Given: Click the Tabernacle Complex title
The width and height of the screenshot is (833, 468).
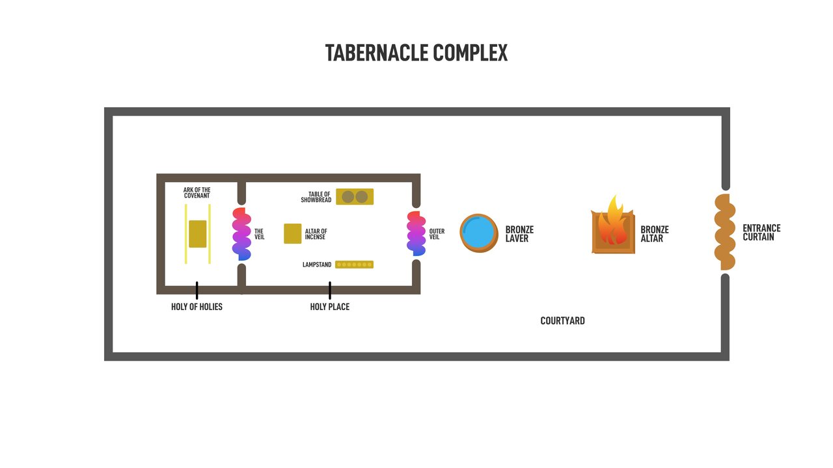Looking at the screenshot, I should (416, 53).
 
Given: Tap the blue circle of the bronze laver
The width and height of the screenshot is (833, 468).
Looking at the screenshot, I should (479, 233).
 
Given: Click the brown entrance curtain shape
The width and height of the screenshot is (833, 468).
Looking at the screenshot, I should (725, 232).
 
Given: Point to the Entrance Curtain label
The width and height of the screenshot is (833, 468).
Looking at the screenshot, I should (761, 233).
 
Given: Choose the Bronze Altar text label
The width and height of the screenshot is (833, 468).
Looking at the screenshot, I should (654, 234).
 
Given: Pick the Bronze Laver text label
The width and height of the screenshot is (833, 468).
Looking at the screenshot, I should (519, 234).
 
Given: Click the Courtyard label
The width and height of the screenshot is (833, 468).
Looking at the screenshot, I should (562, 320).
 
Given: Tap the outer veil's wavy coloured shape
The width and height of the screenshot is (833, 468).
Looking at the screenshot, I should (416, 233).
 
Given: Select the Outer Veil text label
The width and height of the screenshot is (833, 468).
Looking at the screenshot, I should (437, 234).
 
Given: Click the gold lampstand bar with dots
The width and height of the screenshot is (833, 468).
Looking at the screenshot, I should (354, 265).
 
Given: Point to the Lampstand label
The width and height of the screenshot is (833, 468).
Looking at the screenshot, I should (317, 265).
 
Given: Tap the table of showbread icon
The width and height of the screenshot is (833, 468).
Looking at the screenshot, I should (355, 196).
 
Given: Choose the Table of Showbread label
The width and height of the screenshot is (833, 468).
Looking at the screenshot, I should (316, 197).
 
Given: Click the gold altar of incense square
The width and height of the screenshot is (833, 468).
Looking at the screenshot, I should (293, 234).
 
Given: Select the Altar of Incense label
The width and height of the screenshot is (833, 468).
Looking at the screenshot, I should (316, 235).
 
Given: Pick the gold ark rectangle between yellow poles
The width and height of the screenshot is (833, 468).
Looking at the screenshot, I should (198, 234).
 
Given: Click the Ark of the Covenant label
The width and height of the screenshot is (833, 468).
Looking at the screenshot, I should (197, 193).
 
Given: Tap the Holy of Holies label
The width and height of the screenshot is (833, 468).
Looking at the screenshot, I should (197, 307).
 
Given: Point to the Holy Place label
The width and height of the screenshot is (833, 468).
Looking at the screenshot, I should (329, 307).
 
